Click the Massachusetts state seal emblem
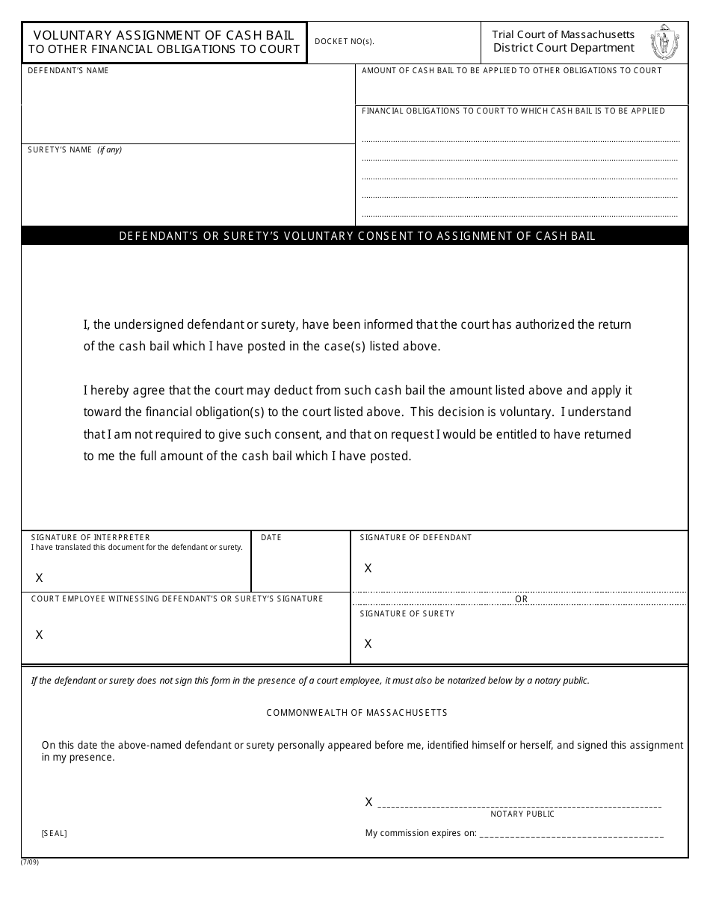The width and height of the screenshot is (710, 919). [x=664, y=42]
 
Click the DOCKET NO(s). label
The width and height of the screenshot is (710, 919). [x=345, y=42]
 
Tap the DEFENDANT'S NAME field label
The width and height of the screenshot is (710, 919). [x=68, y=71]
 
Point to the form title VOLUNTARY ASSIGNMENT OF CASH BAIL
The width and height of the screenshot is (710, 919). [x=164, y=35]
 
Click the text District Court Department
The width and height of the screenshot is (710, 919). [x=564, y=49]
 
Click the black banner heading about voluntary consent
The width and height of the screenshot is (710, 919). [x=357, y=236]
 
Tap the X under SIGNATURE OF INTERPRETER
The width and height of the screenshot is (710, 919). [x=40, y=578]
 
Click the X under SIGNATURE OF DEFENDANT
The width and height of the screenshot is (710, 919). [x=368, y=569]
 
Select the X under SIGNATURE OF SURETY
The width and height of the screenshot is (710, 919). [x=368, y=644]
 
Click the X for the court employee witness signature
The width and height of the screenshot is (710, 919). [x=40, y=635]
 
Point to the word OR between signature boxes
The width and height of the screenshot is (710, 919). [x=521, y=599]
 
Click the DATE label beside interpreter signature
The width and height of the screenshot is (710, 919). [x=271, y=538]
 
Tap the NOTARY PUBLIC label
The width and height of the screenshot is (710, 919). [x=522, y=814]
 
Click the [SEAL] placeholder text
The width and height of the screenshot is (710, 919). [x=54, y=834]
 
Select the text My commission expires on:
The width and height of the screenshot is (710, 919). [x=420, y=833]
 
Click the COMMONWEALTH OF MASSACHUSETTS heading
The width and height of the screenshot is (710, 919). [x=356, y=713]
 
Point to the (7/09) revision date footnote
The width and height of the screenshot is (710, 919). [x=30, y=862]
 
